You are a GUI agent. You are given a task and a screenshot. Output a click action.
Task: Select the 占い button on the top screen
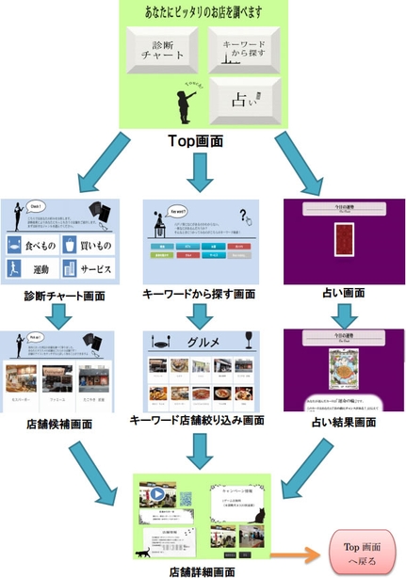pyautogui.click(x=242, y=100)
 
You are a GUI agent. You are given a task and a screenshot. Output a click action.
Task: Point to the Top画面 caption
pyautogui.click(x=201, y=138)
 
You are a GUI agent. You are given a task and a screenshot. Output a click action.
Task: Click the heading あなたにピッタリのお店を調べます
pyautogui.click(x=202, y=11)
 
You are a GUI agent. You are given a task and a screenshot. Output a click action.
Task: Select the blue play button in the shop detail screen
pyautogui.click(x=154, y=494)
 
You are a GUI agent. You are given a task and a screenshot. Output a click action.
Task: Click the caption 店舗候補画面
pyautogui.click(x=60, y=424)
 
